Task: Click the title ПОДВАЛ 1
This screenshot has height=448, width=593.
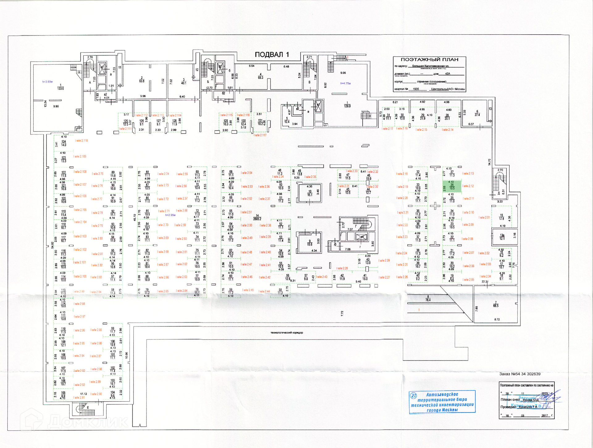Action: [x=272, y=55]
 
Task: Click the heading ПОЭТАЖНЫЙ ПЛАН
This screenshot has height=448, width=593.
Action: [x=429, y=59]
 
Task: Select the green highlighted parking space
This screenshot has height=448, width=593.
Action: [x=452, y=186]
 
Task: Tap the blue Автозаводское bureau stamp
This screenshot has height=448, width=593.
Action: [x=442, y=402]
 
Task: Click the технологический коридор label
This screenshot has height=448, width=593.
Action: [x=287, y=333]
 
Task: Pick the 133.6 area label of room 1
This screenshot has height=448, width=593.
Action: [x=61, y=88]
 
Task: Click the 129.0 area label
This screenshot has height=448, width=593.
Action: [x=347, y=106]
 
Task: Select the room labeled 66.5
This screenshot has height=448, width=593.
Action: [x=496, y=305]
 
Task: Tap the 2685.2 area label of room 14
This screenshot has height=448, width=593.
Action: [x=257, y=219]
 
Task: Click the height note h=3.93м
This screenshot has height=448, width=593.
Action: [x=48, y=82]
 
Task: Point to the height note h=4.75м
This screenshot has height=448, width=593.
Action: [x=345, y=83]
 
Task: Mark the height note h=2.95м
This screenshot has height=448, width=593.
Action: [x=170, y=215]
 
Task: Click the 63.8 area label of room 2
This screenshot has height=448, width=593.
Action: [x=142, y=81]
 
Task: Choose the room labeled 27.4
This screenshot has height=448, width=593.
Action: [x=477, y=115]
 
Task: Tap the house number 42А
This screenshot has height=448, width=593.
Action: [x=448, y=74]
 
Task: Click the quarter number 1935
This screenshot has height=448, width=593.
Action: [x=416, y=89]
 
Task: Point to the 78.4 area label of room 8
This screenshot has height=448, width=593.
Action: [x=428, y=300]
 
